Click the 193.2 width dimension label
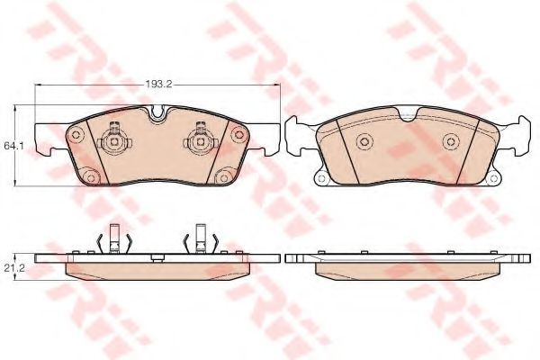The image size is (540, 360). pyautogui.click(x=158, y=84)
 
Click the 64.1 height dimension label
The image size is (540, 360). pyautogui.click(x=13, y=144)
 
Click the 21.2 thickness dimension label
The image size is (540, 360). pyautogui.click(x=13, y=266)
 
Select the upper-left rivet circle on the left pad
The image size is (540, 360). pyautogui.click(x=76, y=134)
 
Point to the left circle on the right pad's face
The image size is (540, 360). pyautogui.click(x=364, y=140)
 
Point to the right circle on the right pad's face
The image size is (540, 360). pyautogui.click(x=449, y=140)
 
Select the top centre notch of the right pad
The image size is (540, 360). pyautogui.click(x=406, y=113)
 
